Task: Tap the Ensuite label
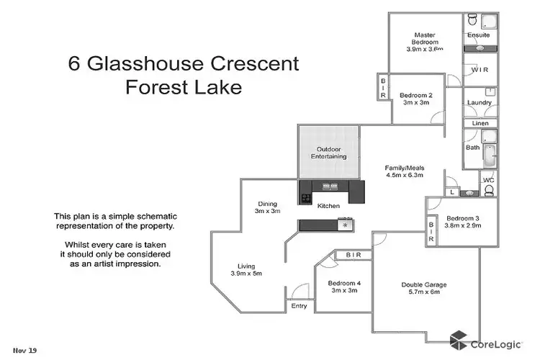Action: (x=478, y=35)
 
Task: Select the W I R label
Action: (x=480, y=70)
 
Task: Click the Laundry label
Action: (x=479, y=102)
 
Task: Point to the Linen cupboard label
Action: (x=480, y=123)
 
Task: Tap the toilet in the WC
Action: (x=489, y=191)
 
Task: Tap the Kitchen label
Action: (x=328, y=207)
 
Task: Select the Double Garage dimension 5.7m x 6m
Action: (x=424, y=293)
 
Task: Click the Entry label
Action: (x=299, y=306)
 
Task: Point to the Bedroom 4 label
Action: (x=343, y=283)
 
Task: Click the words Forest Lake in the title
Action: (x=183, y=88)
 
